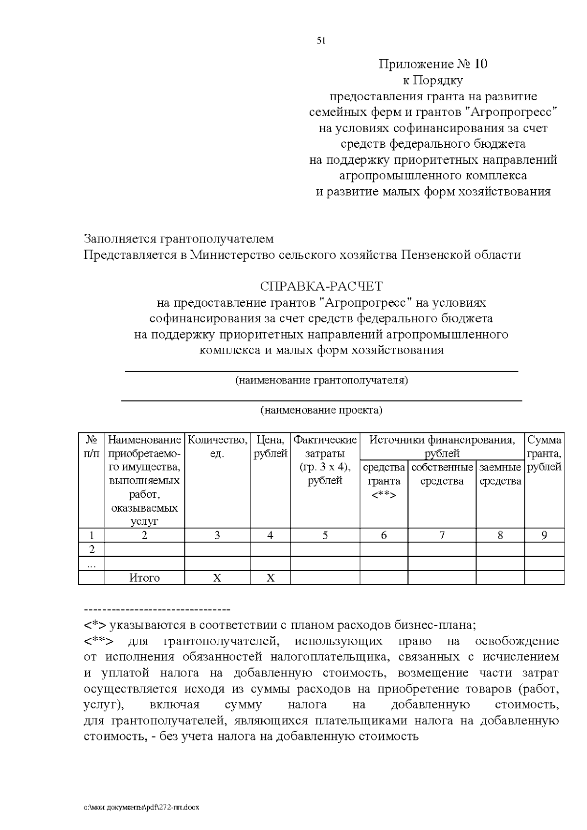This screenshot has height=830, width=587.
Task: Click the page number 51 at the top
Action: point(321,41)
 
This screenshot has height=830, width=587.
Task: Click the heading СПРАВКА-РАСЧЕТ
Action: point(321,286)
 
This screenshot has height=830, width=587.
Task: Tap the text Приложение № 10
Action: point(433,64)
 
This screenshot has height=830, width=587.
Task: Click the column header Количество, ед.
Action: point(217,447)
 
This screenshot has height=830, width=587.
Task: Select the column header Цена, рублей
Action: point(270,447)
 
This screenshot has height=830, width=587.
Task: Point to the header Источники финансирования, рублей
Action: point(442,447)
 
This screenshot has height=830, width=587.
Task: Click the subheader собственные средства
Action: point(442,474)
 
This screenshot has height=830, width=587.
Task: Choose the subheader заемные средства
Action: point(500,474)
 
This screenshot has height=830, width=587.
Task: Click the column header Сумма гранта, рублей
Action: point(544,453)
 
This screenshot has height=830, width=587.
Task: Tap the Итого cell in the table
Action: point(144,578)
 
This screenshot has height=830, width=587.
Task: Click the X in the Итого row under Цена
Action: point(270,578)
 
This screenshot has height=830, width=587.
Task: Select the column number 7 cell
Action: point(442,535)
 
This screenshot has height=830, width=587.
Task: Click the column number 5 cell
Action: point(325,535)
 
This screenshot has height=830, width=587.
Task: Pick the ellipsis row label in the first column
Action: point(91,563)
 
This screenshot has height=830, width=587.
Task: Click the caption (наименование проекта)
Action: point(321,410)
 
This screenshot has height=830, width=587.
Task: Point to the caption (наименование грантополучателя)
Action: point(321,381)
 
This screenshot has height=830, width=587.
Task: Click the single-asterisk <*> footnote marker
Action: point(95,625)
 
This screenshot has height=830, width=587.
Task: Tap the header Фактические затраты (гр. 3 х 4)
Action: point(325,460)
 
